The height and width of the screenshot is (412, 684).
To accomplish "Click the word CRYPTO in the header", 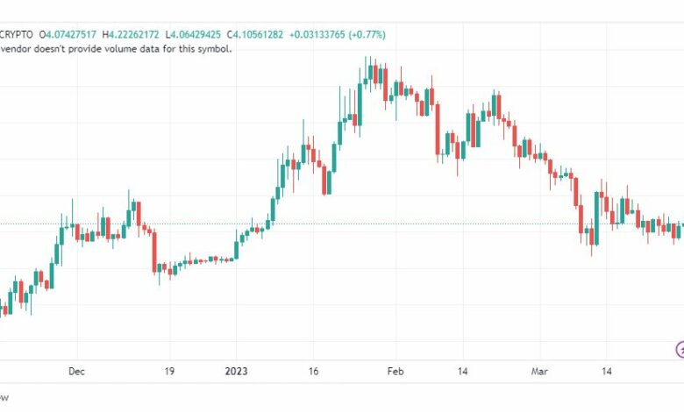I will tap(21, 35).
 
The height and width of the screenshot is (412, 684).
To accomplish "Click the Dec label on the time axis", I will tap(76, 372).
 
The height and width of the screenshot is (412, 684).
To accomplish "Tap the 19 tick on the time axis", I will tap(170, 372).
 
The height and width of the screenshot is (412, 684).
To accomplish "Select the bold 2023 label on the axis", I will tap(235, 372).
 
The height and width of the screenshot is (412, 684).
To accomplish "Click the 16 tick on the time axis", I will tap(313, 372).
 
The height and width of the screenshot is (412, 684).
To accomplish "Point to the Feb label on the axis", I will tap(395, 372).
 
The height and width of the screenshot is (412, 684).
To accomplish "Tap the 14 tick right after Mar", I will tap(606, 372).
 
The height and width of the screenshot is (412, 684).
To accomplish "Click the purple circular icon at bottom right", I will tap(680, 349).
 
